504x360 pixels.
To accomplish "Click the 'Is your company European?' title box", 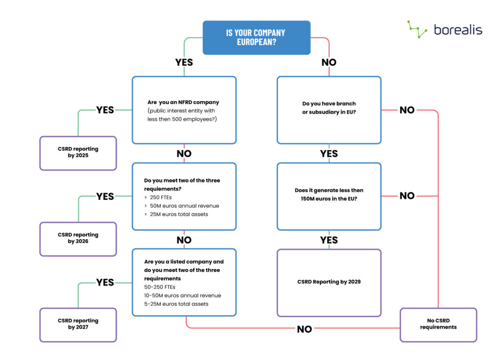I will click(x=256, y=37).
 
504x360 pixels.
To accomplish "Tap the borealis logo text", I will click(x=458, y=30).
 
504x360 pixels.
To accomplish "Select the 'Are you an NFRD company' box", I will click(x=184, y=110).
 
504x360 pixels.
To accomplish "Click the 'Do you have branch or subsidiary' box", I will click(x=329, y=110).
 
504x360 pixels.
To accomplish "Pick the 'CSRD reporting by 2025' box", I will click(x=78, y=153).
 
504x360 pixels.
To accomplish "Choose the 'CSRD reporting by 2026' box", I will click(x=78, y=238).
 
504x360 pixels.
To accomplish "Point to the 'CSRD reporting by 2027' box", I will click(x=78, y=324).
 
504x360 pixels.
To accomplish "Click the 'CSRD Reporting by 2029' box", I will click(x=329, y=282).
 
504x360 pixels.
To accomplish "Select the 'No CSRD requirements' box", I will click(x=438, y=324).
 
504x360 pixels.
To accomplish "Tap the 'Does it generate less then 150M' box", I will click(x=329, y=196).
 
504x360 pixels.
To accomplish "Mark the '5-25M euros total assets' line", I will click(x=176, y=304).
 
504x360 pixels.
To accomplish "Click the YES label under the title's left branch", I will click(x=184, y=63).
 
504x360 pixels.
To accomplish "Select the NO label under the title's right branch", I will click(x=329, y=63).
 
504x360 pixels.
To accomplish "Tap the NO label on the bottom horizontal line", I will click(x=304, y=329).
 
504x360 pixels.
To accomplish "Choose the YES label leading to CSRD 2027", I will click(x=105, y=282).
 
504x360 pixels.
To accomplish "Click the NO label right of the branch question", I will click(x=407, y=110).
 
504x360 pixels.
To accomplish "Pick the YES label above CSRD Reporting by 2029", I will click(x=329, y=240).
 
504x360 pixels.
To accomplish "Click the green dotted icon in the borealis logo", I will click(x=417, y=29).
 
